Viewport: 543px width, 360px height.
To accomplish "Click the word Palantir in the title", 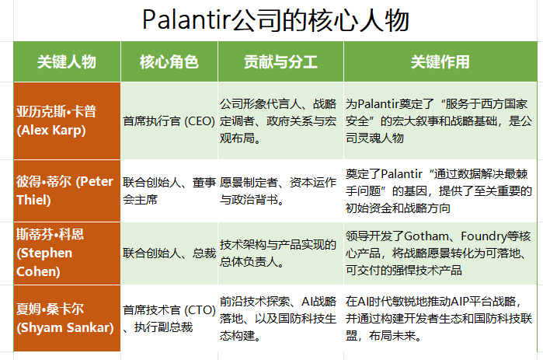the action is click(186, 19).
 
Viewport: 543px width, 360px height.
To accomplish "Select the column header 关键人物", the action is click(67, 61).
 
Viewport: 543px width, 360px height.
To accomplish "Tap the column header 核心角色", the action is click(169, 61).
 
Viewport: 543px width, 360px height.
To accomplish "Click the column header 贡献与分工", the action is click(280, 61).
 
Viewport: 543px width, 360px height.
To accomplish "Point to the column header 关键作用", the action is click(440, 61).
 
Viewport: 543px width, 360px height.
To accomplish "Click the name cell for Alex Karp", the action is click(67, 121).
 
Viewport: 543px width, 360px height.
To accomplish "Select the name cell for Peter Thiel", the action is click(67, 190).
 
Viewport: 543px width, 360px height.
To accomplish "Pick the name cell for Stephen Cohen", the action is click(67, 253).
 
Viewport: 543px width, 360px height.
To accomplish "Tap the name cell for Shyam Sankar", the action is click(67, 318).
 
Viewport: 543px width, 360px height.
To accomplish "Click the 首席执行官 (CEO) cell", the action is click(169, 121).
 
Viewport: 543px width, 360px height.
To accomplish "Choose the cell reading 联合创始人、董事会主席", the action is click(169, 190).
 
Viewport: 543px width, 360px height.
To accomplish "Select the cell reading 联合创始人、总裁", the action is click(169, 253).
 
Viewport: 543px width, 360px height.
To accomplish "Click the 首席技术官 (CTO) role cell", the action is click(169, 318).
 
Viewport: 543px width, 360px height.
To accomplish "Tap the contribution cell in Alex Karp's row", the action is click(280, 121).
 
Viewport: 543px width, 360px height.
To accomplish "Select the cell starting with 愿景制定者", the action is click(280, 190).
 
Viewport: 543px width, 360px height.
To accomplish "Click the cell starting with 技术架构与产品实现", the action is click(280, 253).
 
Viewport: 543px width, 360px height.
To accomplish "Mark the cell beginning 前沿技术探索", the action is click(280, 318).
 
